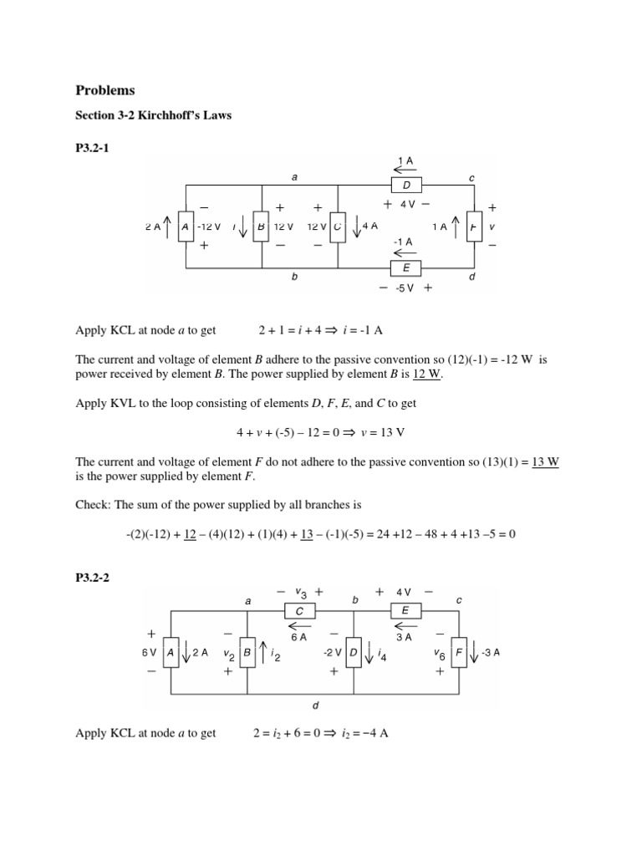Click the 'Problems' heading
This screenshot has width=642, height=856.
click(105, 89)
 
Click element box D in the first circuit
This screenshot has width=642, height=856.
click(407, 184)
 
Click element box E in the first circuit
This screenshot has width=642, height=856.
click(407, 267)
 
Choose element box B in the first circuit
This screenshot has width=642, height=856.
click(261, 226)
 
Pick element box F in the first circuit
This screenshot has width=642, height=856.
click(474, 226)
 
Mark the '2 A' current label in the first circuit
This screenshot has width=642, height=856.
click(152, 226)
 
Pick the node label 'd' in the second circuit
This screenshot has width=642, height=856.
click(315, 706)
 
